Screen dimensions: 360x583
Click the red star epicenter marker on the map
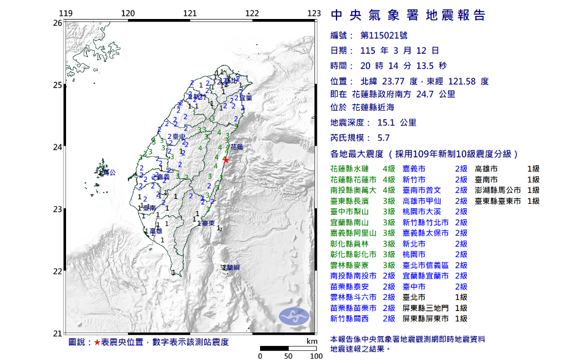(226, 160)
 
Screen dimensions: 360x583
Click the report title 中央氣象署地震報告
(408, 15)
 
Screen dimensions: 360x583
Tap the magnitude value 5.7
(384, 138)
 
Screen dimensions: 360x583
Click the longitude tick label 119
(65, 13)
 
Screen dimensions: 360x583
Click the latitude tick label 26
(57, 23)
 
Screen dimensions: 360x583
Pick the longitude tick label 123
(314, 13)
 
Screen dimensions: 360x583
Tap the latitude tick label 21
(57, 334)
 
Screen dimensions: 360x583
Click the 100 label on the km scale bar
(316, 355)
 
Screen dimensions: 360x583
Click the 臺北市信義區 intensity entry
(426, 265)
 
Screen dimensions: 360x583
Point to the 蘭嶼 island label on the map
(231, 268)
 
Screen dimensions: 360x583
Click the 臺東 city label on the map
(207, 223)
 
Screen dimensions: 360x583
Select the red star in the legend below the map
(96, 342)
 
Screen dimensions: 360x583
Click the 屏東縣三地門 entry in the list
(426, 308)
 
